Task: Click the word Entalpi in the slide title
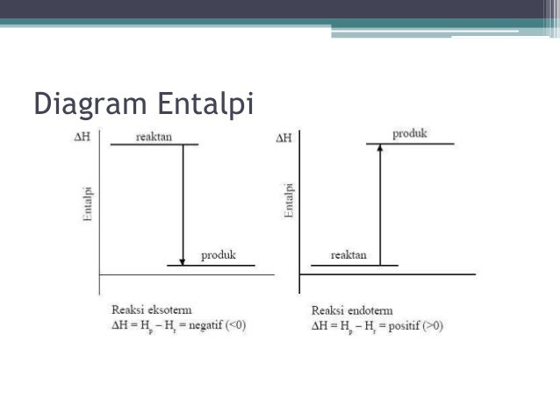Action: tap(205, 105)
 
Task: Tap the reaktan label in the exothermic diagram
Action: tap(154, 136)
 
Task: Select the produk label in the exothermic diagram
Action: tap(219, 255)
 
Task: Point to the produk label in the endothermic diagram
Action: tap(409, 133)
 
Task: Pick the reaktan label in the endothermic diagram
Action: tap(348, 255)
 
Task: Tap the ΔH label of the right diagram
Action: tap(284, 139)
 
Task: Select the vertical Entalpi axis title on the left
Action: tap(88, 203)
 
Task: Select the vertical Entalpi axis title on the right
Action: tap(289, 201)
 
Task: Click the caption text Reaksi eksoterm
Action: tap(152, 310)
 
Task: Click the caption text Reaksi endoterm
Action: tap(352, 310)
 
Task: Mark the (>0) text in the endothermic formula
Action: tap(433, 326)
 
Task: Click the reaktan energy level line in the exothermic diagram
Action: tap(154, 145)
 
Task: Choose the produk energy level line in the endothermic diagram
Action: tap(411, 143)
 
